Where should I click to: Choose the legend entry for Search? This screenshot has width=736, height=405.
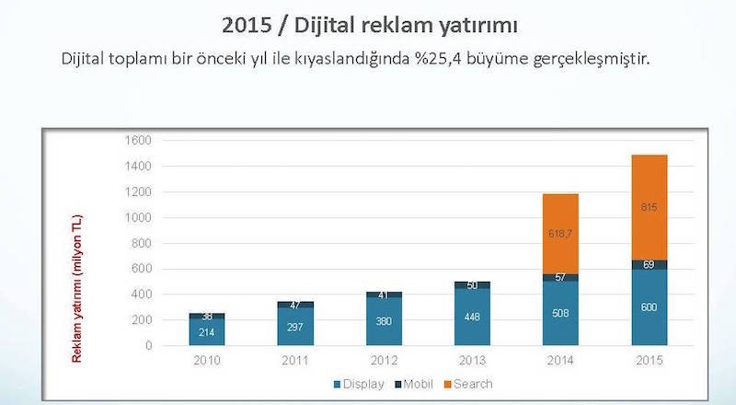point(469,383)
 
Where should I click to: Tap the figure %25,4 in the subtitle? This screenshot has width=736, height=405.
point(443,59)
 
